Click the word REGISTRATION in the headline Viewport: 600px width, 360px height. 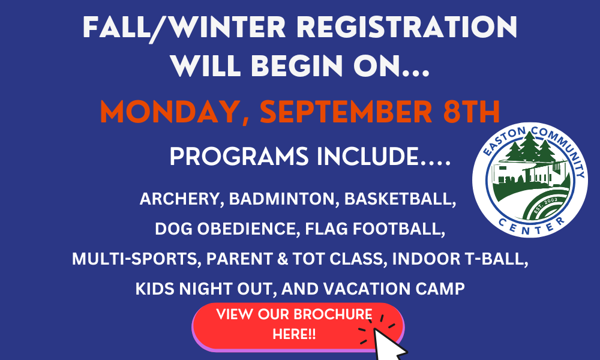coord(407,27)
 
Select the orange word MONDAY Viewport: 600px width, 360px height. coord(170,112)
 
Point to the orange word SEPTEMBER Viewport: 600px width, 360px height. coord(346,112)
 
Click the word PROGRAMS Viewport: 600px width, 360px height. coord(239,157)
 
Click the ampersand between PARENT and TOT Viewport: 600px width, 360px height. coord(283,259)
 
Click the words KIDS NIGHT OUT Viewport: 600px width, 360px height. coord(206,289)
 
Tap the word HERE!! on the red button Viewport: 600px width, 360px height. coord(294,334)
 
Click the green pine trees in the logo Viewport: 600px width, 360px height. coord(530,147)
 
